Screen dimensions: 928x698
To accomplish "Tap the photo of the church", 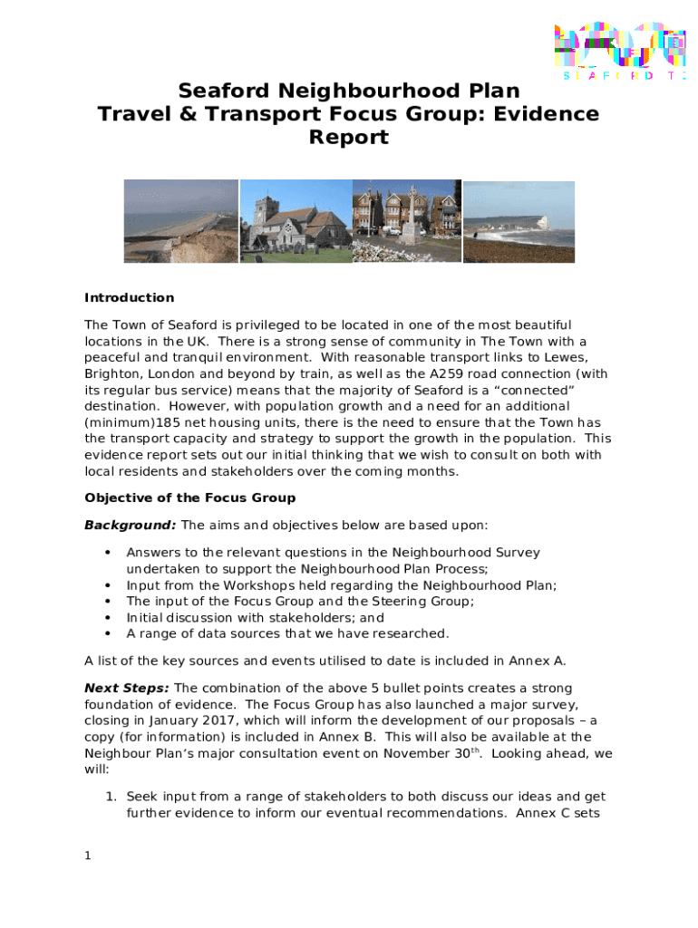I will pyautogui.click(x=296, y=221).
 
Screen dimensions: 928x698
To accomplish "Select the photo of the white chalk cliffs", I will pyautogui.click(x=519, y=221).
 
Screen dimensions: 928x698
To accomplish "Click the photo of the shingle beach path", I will pyautogui.click(x=180, y=221).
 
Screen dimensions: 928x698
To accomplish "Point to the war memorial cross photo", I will pyautogui.click(x=406, y=221).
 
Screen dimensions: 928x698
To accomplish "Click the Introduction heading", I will pyautogui.click(x=129, y=298).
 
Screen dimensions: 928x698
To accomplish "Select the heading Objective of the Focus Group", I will pyautogui.click(x=189, y=498).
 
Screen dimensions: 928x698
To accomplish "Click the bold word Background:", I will pyautogui.click(x=131, y=526).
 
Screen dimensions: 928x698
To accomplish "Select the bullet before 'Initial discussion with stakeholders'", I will pyautogui.click(x=109, y=617).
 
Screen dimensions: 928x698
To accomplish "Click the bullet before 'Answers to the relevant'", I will pyautogui.click(x=109, y=552).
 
